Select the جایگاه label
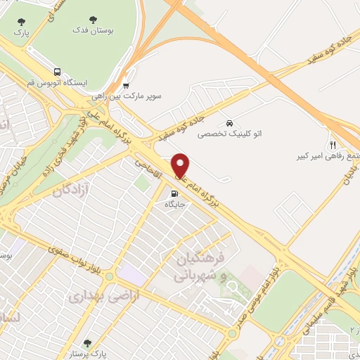pos(174,205)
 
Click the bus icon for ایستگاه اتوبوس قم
pos(56,71)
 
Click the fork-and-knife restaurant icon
pos(333,143)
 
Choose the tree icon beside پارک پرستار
pos(86,344)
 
